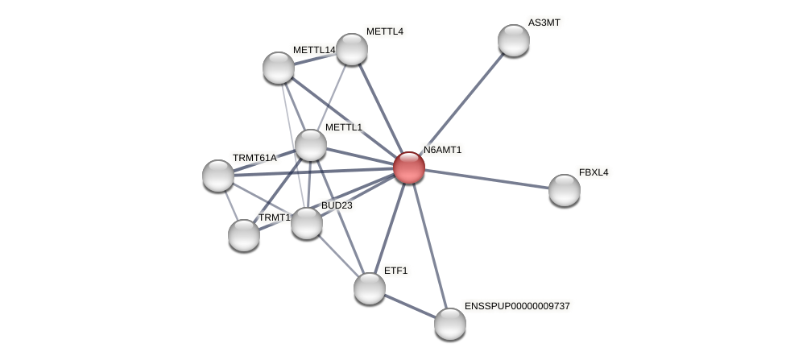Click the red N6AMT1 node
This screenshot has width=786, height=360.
[x=408, y=168]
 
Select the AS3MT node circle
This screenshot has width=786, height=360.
[x=513, y=40]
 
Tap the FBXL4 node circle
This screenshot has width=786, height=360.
[x=564, y=190]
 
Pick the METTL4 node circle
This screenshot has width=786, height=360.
[x=352, y=49]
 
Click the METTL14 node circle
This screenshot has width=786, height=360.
[x=279, y=68]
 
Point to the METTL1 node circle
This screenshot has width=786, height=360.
[x=310, y=145]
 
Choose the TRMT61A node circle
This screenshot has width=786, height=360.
[x=218, y=176]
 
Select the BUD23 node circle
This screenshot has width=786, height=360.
[x=306, y=223]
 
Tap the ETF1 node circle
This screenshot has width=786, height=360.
[x=369, y=288]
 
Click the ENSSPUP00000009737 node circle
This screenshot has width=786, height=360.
[x=449, y=324]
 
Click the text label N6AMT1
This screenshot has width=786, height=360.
[x=442, y=150]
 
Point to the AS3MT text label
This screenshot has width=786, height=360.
[x=544, y=23]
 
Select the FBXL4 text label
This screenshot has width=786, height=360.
[x=594, y=172]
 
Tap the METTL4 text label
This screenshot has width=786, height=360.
[x=384, y=31]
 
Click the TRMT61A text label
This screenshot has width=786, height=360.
[x=254, y=158]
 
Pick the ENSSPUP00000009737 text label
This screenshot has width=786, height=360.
[x=516, y=306]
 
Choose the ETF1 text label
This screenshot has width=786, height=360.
[x=395, y=271]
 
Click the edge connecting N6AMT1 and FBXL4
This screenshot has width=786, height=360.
[x=486, y=179]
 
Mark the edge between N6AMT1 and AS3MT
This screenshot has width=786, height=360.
[x=461, y=104]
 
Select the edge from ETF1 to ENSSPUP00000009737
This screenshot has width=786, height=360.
[x=409, y=306]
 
